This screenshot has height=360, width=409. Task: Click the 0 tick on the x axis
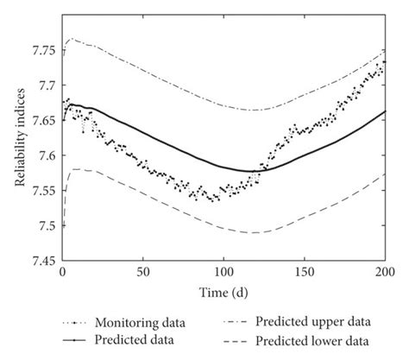(x=62, y=273)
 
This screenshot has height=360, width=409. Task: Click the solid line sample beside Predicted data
(x=75, y=339)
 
